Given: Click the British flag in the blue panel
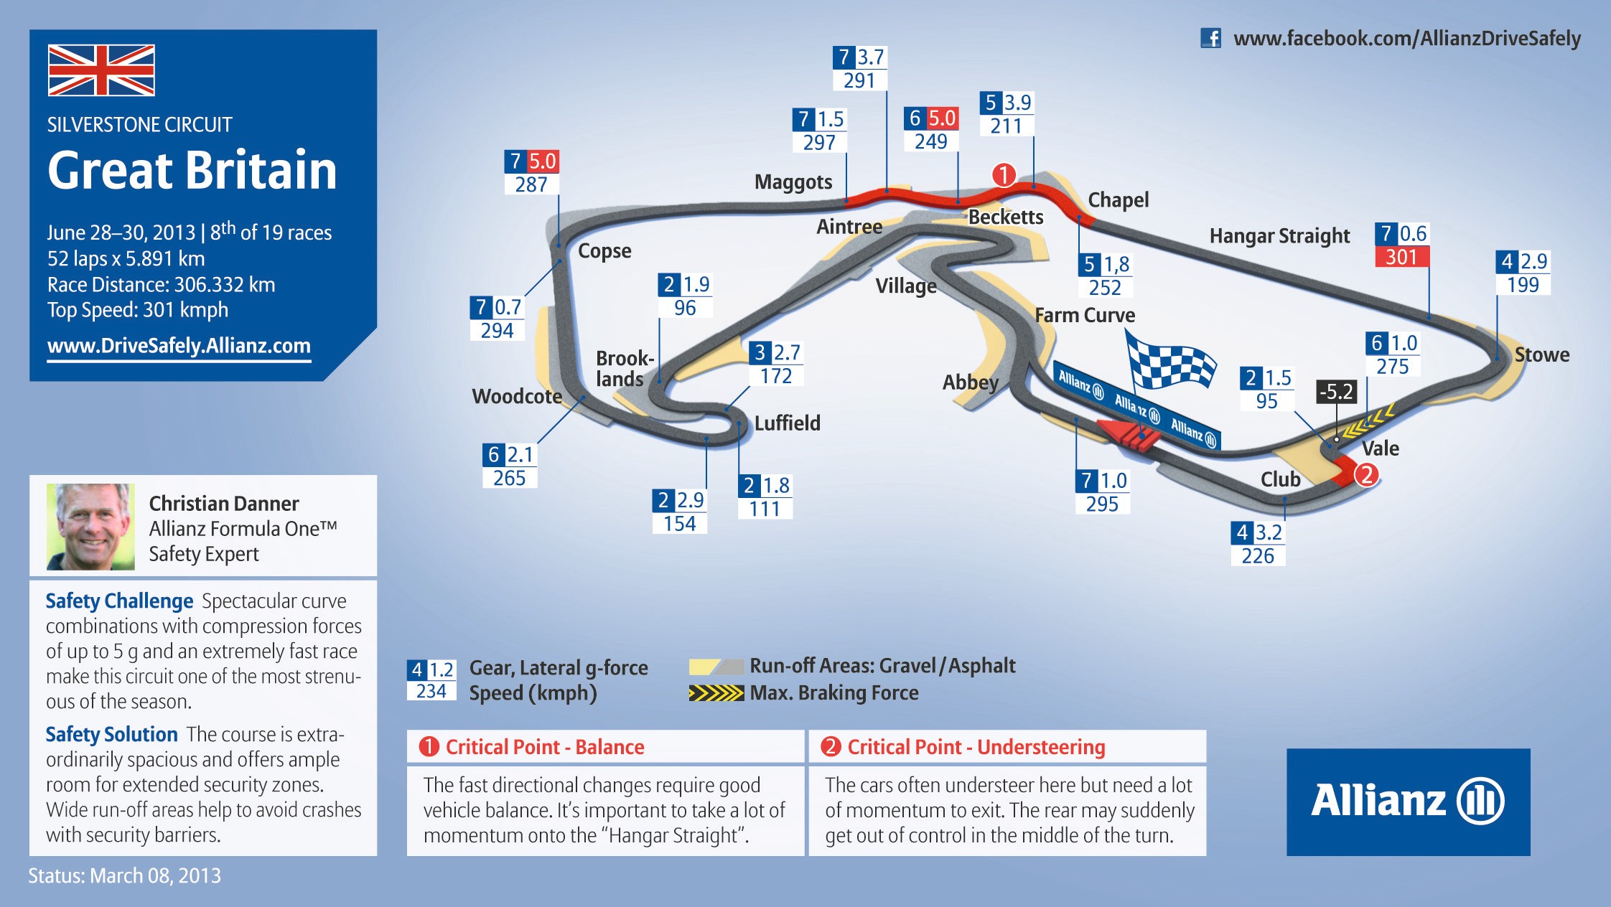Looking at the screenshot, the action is click(x=101, y=70).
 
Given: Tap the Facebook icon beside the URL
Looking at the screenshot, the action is click(x=1210, y=38).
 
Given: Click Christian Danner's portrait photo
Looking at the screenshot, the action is click(x=90, y=527).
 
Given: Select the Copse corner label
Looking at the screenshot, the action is click(x=604, y=251).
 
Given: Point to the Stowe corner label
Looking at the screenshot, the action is click(x=1541, y=354).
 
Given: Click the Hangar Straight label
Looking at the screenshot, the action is click(x=1279, y=236).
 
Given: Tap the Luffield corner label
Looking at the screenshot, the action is click(x=787, y=423).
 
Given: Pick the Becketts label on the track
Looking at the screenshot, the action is click(x=1006, y=217).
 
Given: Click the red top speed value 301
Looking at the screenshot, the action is click(x=1401, y=257).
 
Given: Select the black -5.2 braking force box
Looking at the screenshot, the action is click(x=1336, y=392).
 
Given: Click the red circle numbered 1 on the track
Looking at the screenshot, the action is click(x=1004, y=174).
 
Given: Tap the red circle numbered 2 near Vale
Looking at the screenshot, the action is click(x=1367, y=474).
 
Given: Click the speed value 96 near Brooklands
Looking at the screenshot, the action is click(x=685, y=308).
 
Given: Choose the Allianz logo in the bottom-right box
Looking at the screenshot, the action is click(x=1408, y=801).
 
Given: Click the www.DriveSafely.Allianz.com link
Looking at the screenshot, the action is click(x=179, y=346).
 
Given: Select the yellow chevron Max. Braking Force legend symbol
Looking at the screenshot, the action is click(x=716, y=693).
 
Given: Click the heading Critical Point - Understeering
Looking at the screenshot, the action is click(x=976, y=747).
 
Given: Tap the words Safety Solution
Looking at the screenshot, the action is click(x=111, y=734).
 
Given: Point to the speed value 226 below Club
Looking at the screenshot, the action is click(x=1258, y=556).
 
